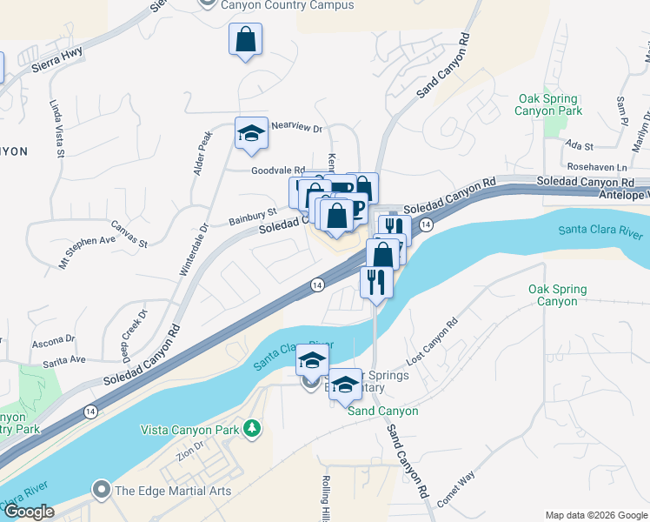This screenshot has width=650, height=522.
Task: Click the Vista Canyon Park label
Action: tap(191, 429)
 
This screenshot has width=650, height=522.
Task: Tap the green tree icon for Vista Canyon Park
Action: tap(252, 428)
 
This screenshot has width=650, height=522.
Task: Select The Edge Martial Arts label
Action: tap(173, 491)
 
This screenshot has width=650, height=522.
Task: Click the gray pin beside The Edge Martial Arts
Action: tap(102, 490)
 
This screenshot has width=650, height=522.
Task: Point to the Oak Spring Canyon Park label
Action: tap(548, 105)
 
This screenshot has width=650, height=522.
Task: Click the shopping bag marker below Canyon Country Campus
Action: tap(246, 39)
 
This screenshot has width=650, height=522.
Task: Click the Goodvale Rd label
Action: tap(279, 171)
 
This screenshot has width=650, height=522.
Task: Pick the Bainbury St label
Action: tap(253, 212)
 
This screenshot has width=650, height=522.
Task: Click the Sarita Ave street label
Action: tap(66, 359)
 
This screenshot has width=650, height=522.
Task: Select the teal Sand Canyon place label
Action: tap(383, 411)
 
